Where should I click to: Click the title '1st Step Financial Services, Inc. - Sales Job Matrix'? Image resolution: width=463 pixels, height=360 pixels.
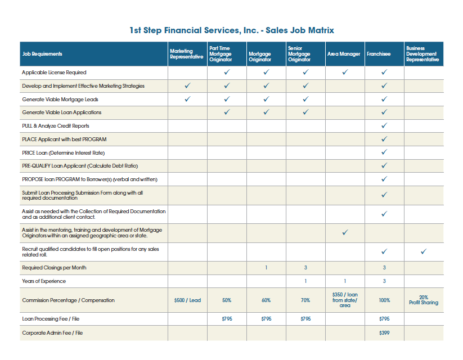tap(231, 30)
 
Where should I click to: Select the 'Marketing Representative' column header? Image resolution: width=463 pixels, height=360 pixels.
tap(187, 54)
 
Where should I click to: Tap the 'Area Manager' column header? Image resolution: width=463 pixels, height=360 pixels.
tap(344, 54)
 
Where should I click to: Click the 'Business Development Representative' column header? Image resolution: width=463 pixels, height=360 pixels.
tap(422, 54)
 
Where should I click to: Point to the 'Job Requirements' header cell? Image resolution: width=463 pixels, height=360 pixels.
tap(42, 54)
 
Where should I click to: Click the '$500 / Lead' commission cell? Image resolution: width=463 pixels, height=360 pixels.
tap(187, 300)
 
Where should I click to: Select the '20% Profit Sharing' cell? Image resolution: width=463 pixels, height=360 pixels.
tap(424, 300)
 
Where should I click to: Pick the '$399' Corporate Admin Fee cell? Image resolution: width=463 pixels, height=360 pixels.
tap(384, 333)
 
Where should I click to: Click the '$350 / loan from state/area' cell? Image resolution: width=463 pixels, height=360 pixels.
tap(345, 300)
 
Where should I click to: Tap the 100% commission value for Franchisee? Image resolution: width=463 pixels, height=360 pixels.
tap(384, 300)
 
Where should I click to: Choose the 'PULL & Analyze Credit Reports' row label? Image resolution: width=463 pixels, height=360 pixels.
tap(56, 126)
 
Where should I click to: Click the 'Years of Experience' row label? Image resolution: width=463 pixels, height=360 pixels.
tap(44, 281)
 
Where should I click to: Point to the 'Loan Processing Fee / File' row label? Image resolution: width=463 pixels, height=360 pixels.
tap(52, 319)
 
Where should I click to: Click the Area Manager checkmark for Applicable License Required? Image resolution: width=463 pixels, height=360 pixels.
tap(345, 73)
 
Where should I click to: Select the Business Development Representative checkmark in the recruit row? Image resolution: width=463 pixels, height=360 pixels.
tap(424, 251)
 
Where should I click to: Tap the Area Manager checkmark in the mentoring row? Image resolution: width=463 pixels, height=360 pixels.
tap(345, 232)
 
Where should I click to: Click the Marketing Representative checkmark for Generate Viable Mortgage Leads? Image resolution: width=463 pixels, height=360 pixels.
tap(187, 99)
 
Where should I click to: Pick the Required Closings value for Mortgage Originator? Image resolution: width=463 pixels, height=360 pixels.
tap(266, 268)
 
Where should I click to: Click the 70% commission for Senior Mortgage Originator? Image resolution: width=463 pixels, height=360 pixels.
tap(305, 300)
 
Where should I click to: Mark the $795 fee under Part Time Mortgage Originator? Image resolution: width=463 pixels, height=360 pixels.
tap(227, 319)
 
